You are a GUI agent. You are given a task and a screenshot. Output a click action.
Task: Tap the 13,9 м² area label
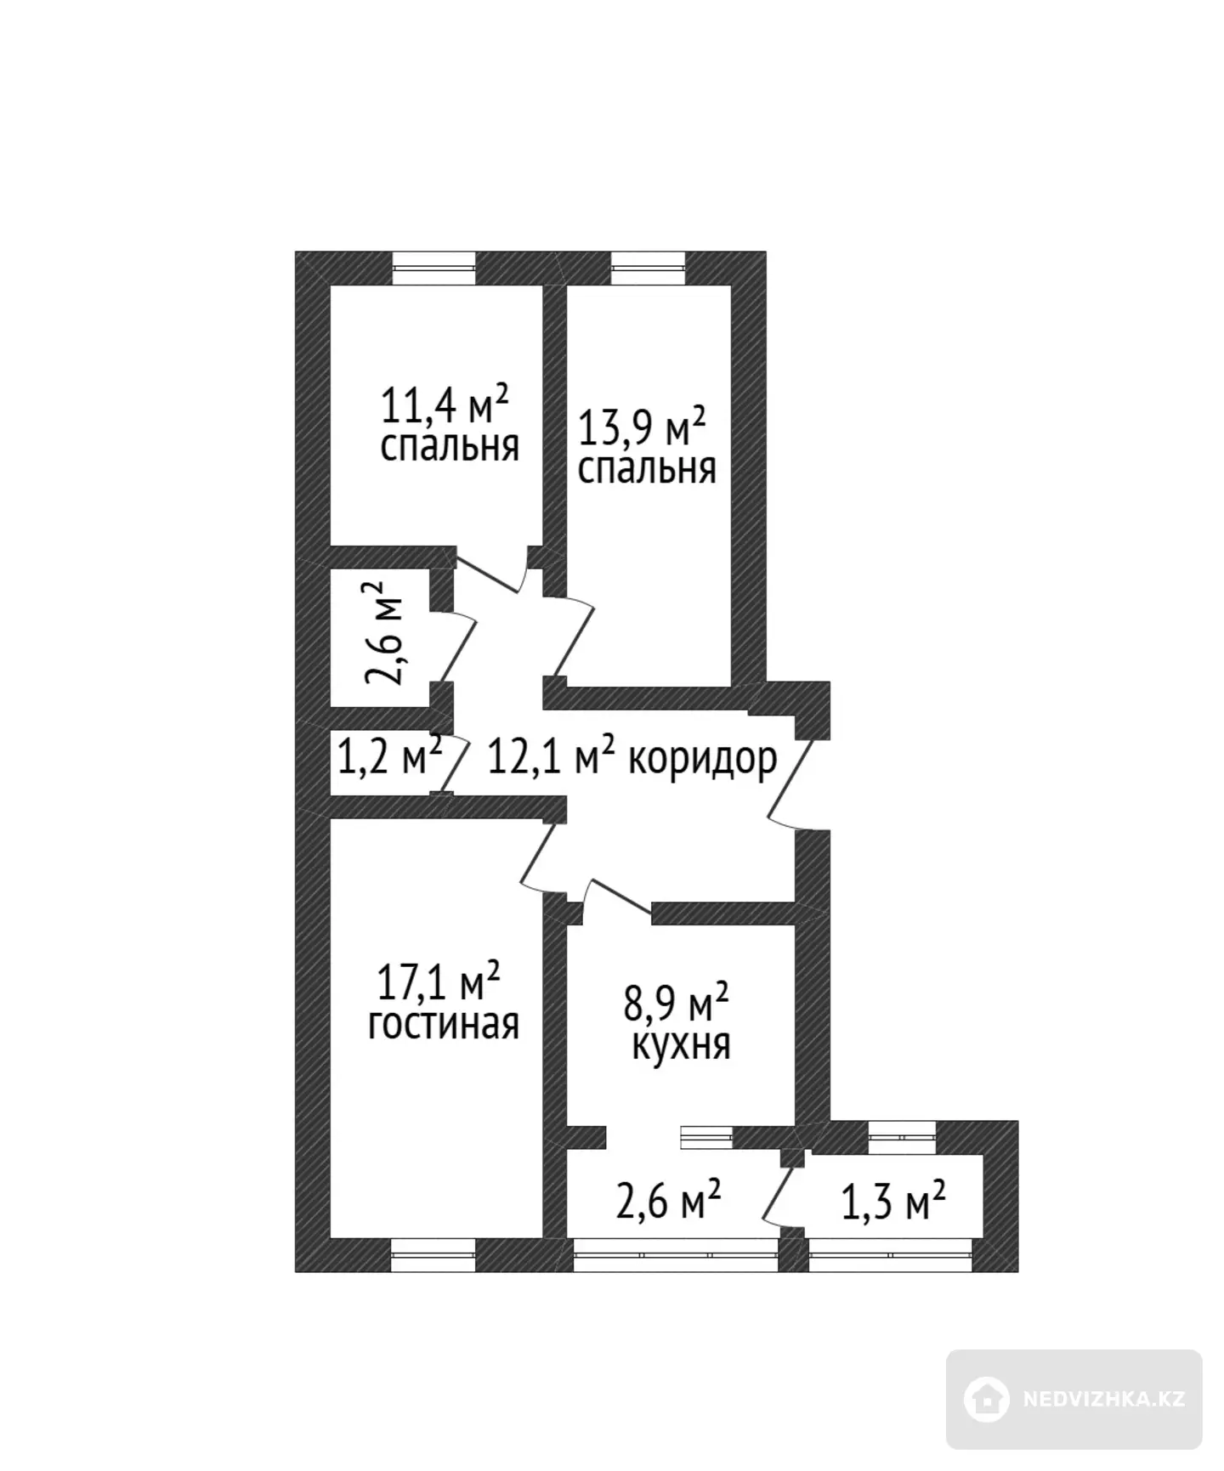click(642, 427)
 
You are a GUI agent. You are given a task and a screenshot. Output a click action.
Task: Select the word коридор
click(702, 760)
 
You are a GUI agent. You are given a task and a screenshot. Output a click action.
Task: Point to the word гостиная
click(443, 1024)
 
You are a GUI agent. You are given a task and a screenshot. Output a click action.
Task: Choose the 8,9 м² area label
click(677, 1003)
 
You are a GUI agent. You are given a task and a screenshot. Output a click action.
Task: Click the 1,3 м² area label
click(893, 1202)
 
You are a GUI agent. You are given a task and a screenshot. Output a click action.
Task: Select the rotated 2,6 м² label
click(385, 633)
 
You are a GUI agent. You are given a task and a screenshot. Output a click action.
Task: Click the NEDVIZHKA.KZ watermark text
click(1104, 1400)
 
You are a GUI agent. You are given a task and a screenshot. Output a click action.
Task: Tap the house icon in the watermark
click(987, 1399)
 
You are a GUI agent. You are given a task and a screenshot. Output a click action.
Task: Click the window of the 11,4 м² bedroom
click(433, 268)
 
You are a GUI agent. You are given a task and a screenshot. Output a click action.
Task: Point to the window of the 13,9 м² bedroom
click(648, 268)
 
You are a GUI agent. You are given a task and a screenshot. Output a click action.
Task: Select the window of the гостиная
click(433, 1254)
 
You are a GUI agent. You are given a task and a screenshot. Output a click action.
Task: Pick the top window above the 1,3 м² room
click(902, 1136)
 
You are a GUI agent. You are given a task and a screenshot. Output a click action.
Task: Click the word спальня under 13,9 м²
click(647, 469)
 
